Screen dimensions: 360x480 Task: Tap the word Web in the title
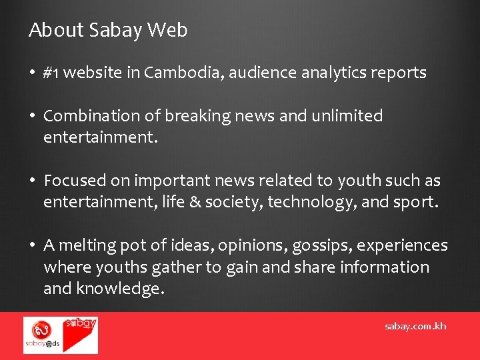point(167,30)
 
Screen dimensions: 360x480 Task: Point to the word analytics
point(334,73)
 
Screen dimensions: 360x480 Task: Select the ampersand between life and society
point(194,202)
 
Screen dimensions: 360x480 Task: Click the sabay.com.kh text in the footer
point(415,326)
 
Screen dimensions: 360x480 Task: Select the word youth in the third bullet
point(358,181)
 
